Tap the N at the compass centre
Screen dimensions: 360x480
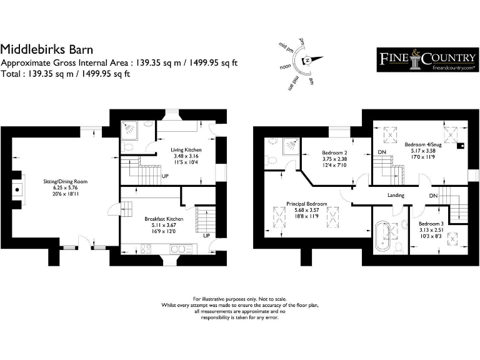tap(307, 61)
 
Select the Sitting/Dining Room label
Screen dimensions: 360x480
tap(65, 181)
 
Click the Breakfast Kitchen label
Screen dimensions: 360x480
tap(163, 219)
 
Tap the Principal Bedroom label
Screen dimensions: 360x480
tap(307, 204)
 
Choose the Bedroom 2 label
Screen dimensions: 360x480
tap(335, 152)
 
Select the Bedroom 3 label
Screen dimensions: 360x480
tap(431, 224)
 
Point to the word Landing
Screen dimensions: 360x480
tap(396, 195)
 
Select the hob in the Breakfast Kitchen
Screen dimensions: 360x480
tap(147, 249)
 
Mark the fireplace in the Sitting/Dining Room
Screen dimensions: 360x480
tap(17, 187)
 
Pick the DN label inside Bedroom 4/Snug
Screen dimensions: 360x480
tap(382, 152)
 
